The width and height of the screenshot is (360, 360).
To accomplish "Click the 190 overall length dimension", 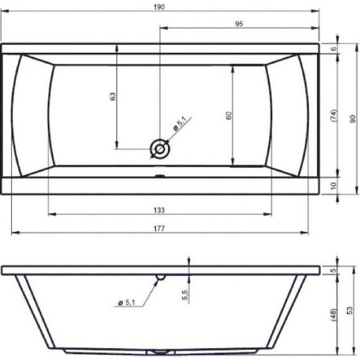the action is click(159, 7).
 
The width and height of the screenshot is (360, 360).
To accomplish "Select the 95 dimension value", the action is click(239, 24).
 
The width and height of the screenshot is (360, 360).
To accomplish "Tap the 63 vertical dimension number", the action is click(112, 96).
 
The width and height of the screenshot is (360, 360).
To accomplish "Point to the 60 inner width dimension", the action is click(229, 115).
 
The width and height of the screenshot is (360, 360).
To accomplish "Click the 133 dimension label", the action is click(159, 210).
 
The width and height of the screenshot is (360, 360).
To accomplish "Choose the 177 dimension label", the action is click(159, 229).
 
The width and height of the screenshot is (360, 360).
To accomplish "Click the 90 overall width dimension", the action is click(352, 119).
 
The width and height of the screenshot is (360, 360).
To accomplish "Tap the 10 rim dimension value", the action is click(334, 186).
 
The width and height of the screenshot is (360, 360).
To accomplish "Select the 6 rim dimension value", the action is click(334, 49).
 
